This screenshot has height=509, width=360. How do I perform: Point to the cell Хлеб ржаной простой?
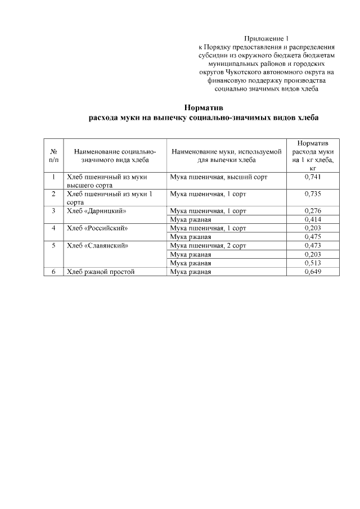pos(101,272)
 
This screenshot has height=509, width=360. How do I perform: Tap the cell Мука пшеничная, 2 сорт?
pos(209,245)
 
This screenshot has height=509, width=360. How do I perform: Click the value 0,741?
pos(313,177)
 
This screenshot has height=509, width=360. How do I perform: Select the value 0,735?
pos(313,193)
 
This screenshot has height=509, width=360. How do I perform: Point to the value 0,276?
pos(313,210)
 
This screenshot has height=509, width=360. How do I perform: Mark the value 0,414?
pos(313,219)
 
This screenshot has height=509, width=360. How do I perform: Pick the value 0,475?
pos(313,237)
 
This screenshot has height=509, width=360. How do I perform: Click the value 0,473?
pos(313,245)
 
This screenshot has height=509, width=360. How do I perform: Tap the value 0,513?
pos(313,263)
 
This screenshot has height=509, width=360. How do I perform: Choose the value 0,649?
pos(313,272)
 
